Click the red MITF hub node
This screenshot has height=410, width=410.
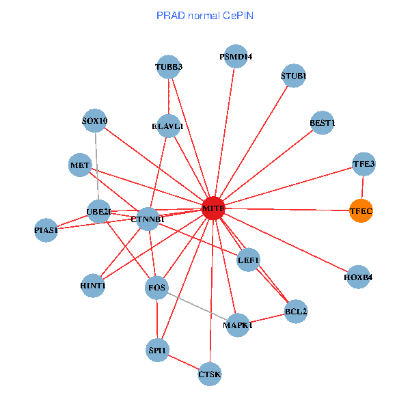point(213,208)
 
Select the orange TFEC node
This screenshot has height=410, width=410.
point(361,211)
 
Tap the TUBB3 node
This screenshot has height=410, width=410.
point(168,67)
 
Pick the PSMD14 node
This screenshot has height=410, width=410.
point(235,57)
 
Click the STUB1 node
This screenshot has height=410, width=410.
point(293,75)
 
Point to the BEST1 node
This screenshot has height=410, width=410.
point(322,123)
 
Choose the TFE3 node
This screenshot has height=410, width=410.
point(364,164)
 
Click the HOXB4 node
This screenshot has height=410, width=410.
point(359,277)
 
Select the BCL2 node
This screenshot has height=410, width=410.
point(296,311)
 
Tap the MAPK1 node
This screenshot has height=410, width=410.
point(237,325)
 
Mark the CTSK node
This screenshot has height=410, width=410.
point(210,374)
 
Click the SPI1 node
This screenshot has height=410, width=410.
point(157,351)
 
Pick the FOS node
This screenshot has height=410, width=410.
point(157,288)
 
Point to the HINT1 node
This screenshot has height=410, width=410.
point(93,285)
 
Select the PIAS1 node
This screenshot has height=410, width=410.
point(46,230)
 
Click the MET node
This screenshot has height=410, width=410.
point(80,165)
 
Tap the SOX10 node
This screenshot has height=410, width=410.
point(94,122)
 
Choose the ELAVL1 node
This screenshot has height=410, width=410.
point(168,126)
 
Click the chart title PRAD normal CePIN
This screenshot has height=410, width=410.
point(205,15)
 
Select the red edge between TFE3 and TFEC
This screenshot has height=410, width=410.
point(362,187)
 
